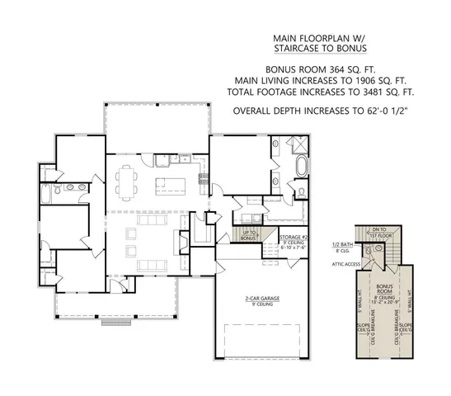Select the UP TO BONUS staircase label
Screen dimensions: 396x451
click(248, 236)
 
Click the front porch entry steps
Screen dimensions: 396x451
click(112, 323)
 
